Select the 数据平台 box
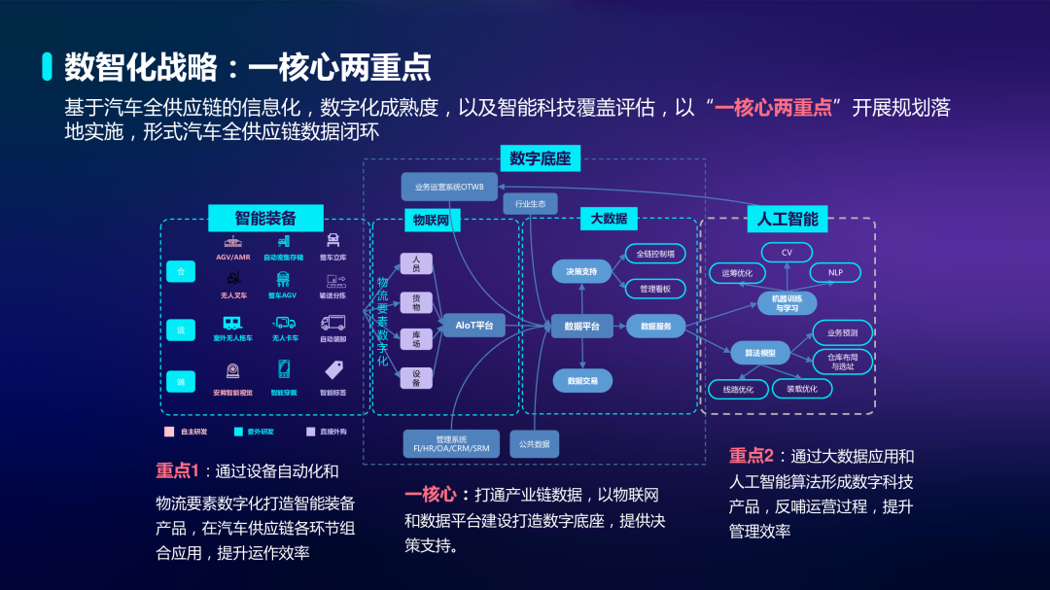coord(581,327)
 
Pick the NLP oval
coord(835,273)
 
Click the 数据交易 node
coord(581,381)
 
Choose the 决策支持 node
coord(581,270)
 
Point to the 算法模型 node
coord(760,353)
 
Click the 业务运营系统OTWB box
coord(448,187)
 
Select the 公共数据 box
coord(534,444)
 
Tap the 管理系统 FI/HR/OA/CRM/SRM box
coord(451,444)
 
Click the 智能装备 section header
coord(265,217)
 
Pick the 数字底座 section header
coord(540,157)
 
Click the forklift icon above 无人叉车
coord(233,279)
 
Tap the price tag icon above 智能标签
coord(333,370)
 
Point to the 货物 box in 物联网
coord(416,301)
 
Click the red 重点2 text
coord(752,456)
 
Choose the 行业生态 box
coord(530,204)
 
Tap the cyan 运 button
coord(180,330)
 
